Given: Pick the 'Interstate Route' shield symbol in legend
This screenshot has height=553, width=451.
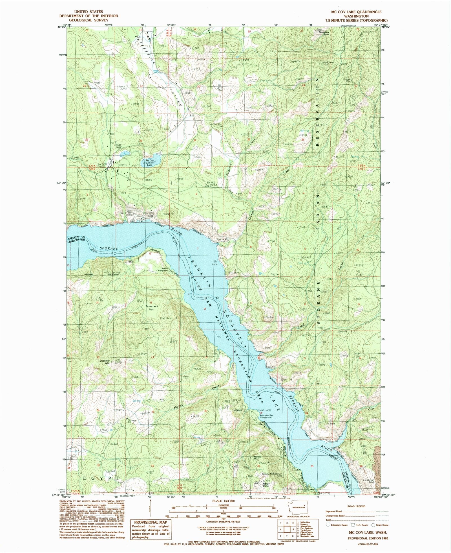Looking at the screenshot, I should click(x=328, y=525).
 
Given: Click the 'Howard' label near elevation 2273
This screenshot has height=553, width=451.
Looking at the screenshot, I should click(x=123, y=86).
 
